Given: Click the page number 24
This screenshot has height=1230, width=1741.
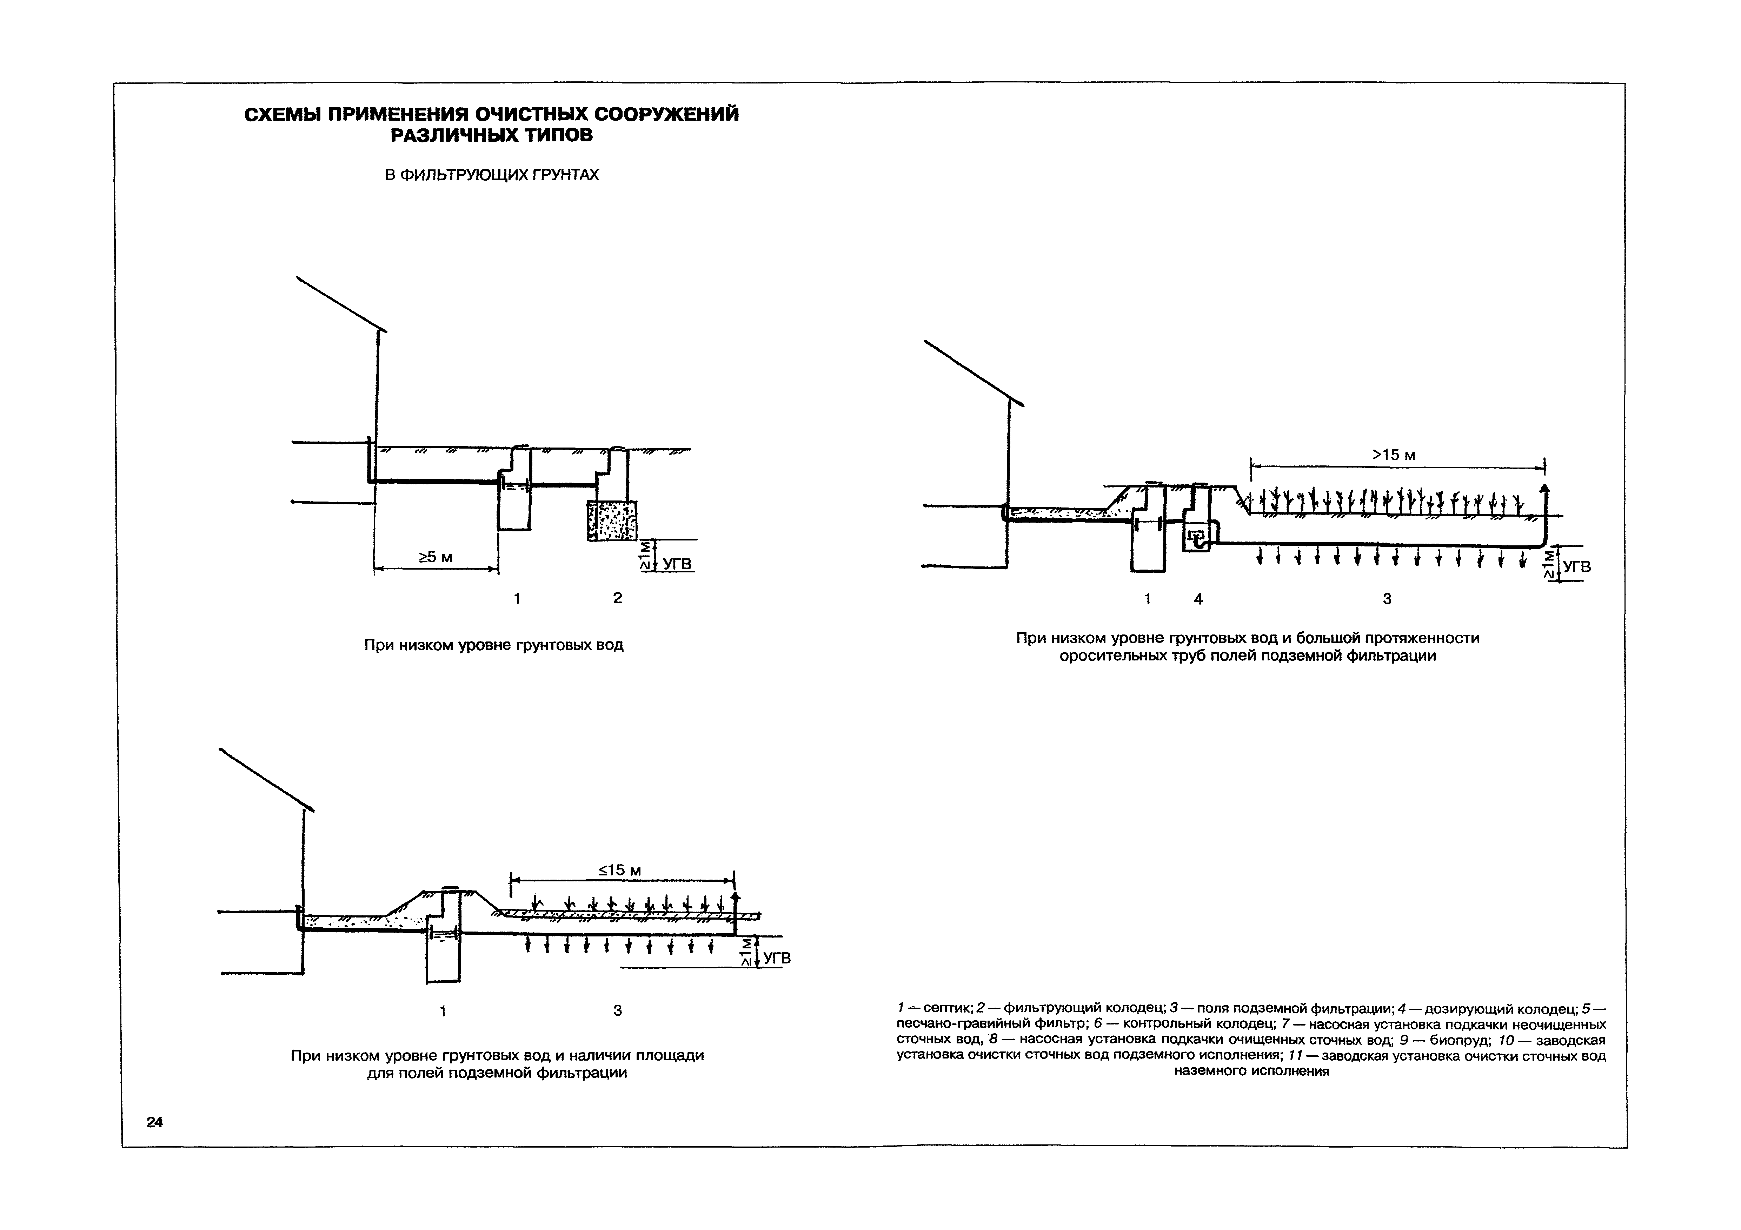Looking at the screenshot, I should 155,1122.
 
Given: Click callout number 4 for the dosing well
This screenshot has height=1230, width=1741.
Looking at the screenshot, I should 1198,599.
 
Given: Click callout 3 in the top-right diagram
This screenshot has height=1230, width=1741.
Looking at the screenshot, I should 1387,599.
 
